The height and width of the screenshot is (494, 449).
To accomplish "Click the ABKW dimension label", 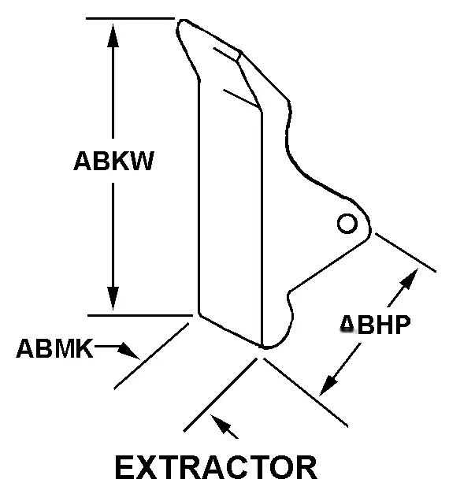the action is pyautogui.click(x=113, y=161).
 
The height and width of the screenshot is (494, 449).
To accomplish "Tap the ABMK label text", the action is pyautogui.click(x=54, y=348).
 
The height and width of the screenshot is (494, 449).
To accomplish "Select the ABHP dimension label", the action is pyautogui.click(x=375, y=324).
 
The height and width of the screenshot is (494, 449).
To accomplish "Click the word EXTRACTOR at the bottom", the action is pyautogui.click(x=216, y=467).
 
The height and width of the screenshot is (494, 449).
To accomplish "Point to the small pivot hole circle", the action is pyautogui.click(x=347, y=224).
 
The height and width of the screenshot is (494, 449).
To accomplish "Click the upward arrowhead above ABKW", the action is pyautogui.click(x=113, y=35).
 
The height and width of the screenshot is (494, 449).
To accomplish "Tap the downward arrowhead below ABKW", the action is pyautogui.click(x=113, y=299).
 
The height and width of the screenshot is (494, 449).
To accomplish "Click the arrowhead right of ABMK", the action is pyautogui.click(x=129, y=351).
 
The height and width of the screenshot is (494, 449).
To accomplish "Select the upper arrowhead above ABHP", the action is pyautogui.click(x=410, y=278).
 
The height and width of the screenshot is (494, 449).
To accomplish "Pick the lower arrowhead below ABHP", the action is pyautogui.click(x=328, y=385).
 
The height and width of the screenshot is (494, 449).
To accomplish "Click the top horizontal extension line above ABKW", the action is pyautogui.click(x=130, y=19).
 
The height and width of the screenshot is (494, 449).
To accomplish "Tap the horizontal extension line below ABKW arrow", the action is pyautogui.click(x=140, y=315).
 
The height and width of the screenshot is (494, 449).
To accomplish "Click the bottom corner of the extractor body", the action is pyautogui.click(x=263, y=347).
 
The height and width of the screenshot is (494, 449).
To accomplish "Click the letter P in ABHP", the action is pyautogui.click(x=403, y=324).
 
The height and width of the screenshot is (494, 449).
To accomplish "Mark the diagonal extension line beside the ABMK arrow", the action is pyautogui.click(x=151, y=356).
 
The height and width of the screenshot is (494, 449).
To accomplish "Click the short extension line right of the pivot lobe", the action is pyautogui.click(x=406, y=252).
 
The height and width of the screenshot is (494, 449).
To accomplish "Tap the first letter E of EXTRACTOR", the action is pyautogui.click(x=126, y=467).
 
